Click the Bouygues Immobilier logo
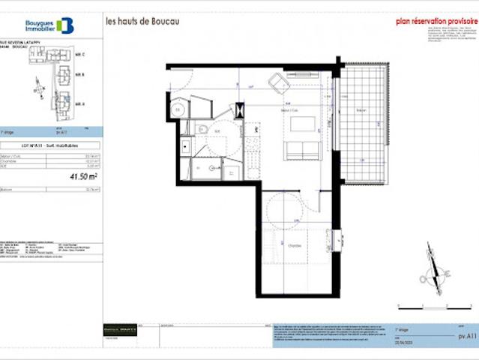[x=49, y=25]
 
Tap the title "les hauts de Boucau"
[x=142, y=21]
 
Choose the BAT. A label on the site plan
[x=80, y=103]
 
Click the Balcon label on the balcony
[x=361, y=110]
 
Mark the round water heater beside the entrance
[x=177, y=110]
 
